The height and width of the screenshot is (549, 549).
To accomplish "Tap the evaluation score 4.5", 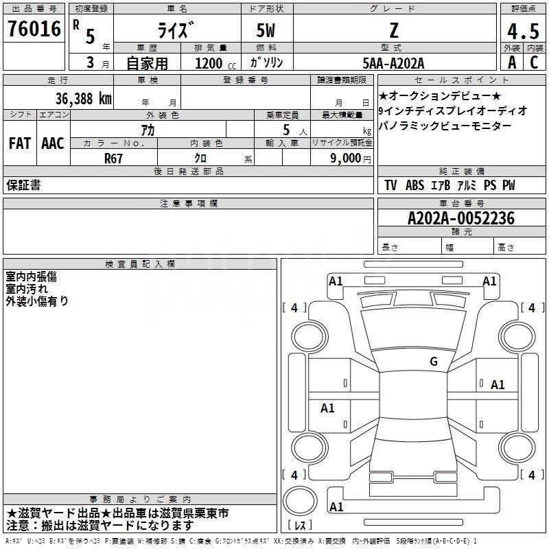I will pyautogui.click(x=523, y=32).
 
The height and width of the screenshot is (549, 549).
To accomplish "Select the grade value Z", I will pyautogui.click(x=393, y=31).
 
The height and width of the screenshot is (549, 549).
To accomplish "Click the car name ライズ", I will pyautogui.click(x=176, y=32).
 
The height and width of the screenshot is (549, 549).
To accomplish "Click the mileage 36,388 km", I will pyautogui.click(x=84, y=98).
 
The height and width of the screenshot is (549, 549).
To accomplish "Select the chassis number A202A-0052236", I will pyautogui.click(x=460, y=218).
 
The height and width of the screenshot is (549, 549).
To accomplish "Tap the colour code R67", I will pyautogui.click(x=114, y=157).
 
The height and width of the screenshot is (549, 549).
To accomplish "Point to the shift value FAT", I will pyautogui.click(x=19, y=143).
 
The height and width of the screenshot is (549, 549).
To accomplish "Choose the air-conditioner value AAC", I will pyautogui.click(x=53, y=143).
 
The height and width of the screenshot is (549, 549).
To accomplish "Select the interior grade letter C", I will pyautogui.click(x=534, y=62).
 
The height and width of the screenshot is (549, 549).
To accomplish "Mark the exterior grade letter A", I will pyautogui.click(x=511, y=62).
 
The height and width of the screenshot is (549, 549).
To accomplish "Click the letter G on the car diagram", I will pyautogui.click(x=433, y=362).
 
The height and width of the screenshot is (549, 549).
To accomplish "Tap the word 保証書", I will pyautogui.click(x=23, y=185).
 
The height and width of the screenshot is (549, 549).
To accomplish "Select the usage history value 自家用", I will pyautogui.click(x=147, y=62).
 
